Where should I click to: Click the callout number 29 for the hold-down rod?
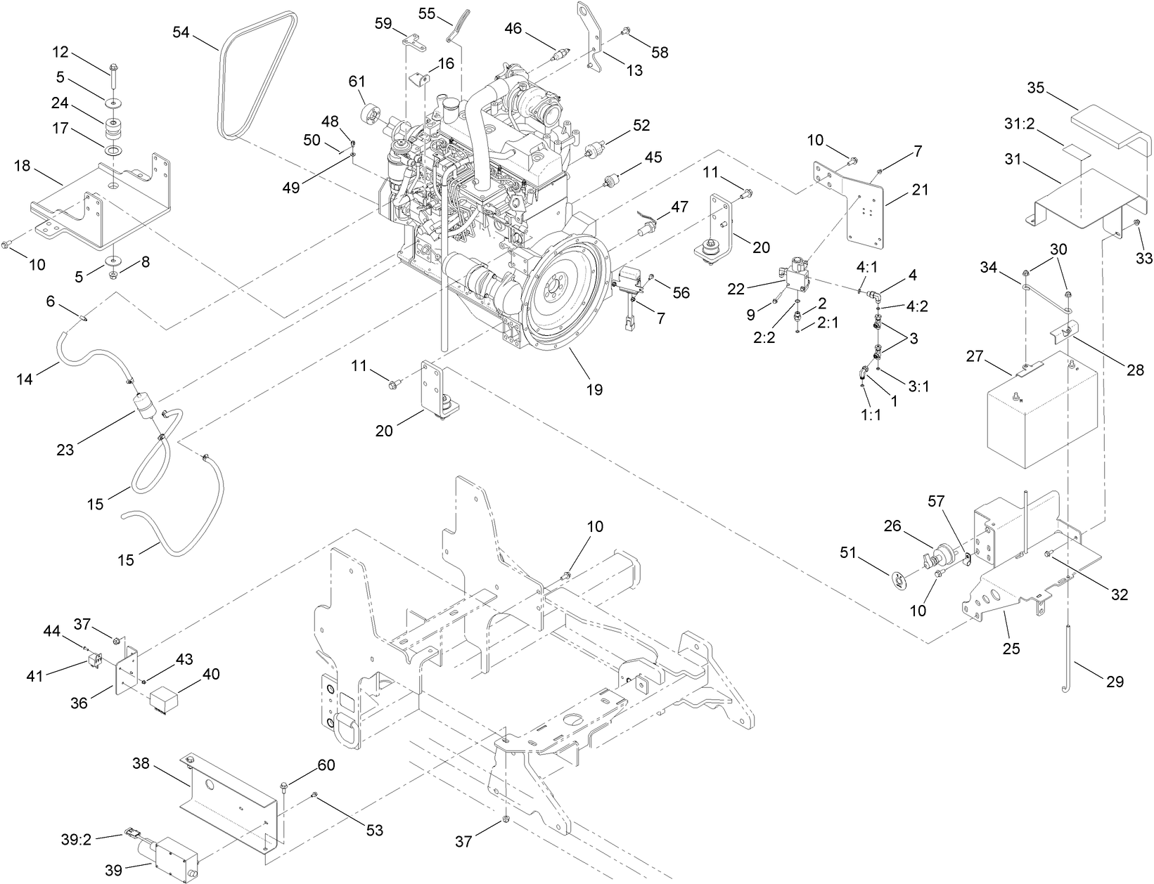pos(1115,681)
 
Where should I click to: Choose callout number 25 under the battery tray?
pos(1011,648)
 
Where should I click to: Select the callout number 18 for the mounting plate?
pos(22,166)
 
